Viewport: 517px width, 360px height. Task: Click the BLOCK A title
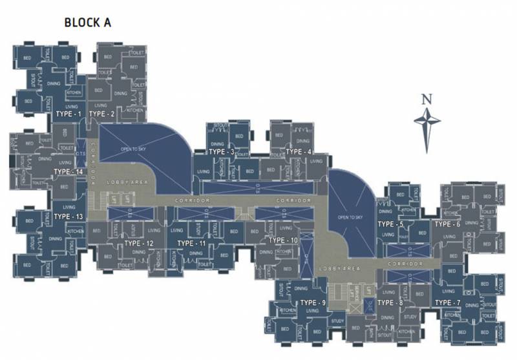tap(88, 23)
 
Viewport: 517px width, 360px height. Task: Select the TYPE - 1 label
tap(70, 114)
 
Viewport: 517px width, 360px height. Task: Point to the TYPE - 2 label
tap(101, 114)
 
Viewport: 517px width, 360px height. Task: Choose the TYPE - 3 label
tap(222, 152)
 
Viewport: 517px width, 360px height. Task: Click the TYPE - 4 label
tap(299, 152)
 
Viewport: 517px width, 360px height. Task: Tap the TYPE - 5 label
tap(390, 224)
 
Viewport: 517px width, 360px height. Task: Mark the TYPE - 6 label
tap(447, 224)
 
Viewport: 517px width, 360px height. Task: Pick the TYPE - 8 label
tap(390, 302)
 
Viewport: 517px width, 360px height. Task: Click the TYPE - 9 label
tap(313, 302)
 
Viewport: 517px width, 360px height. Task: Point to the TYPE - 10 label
tap(283, 240)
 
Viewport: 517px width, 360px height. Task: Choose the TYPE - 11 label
tap(191, 243)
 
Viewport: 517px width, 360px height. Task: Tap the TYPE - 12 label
tap(139, 243)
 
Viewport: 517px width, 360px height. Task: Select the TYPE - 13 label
tap(69, 216)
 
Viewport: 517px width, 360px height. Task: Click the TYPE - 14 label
tap(69, 172)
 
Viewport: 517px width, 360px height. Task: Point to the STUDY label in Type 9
tap(337, 321)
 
